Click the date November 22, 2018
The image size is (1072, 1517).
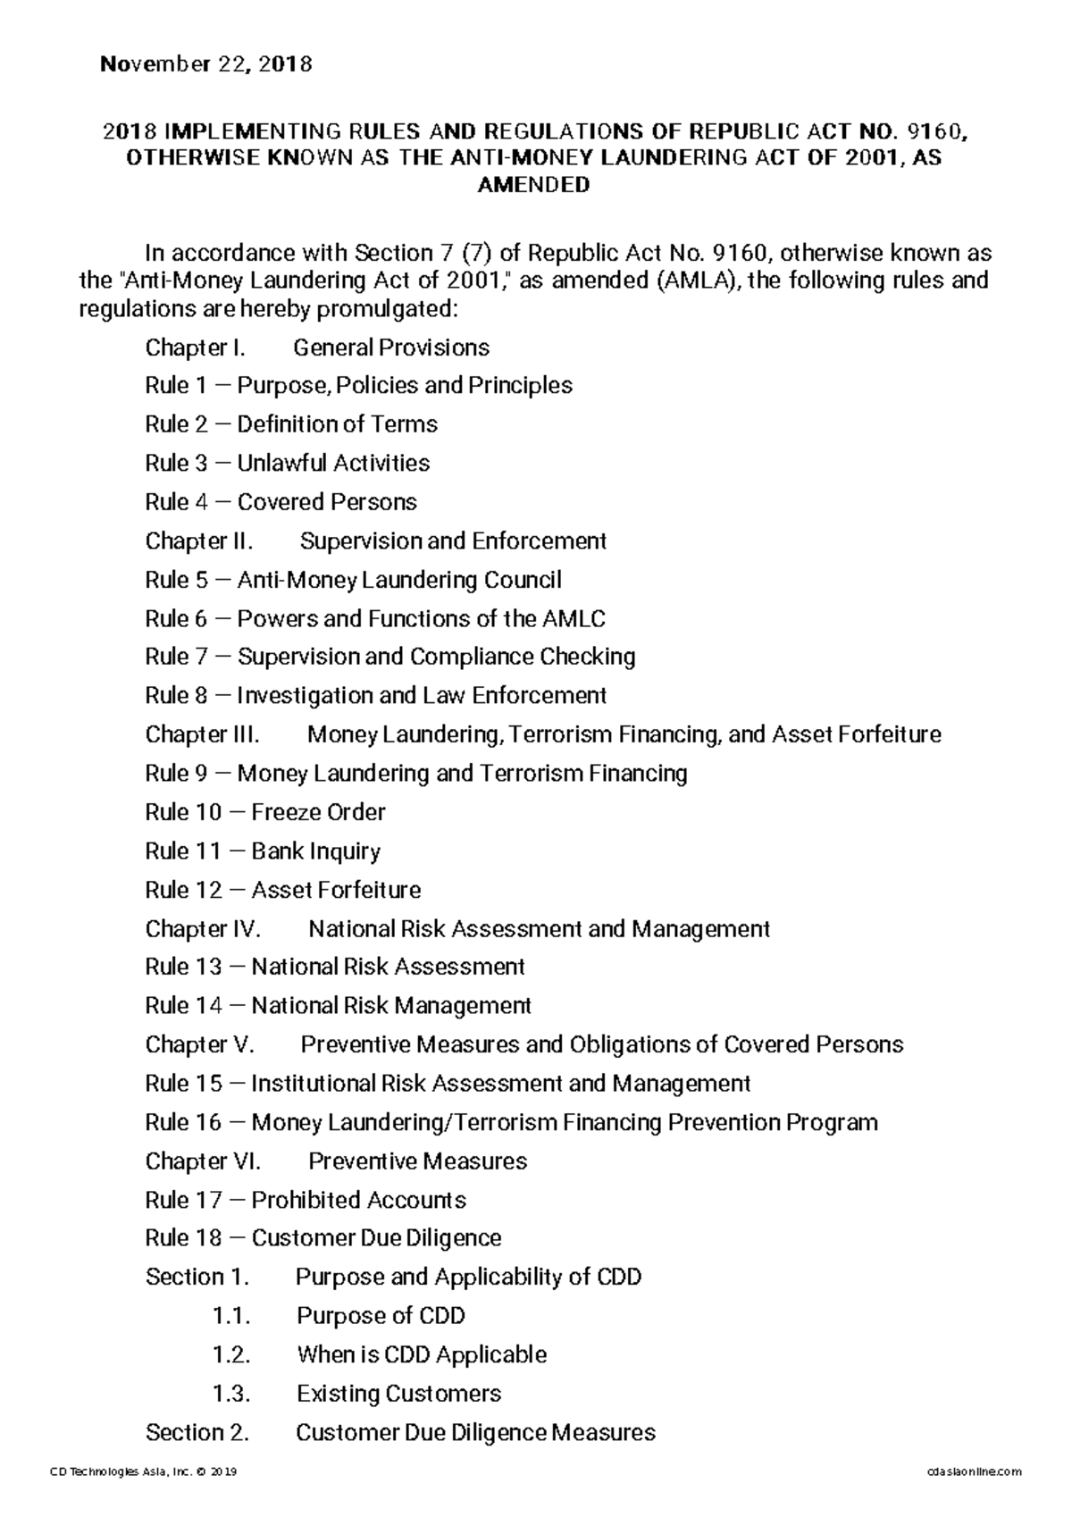pyautogui.click(x=206, y=64)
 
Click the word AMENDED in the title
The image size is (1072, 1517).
pyautogui.click(x=534, y=186)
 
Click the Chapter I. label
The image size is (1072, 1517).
pyautogui.click(x=195, y=348)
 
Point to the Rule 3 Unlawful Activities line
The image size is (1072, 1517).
pyautogui.click(x=287, y=463)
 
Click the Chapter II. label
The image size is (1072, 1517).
pyautogui.click(x=199, y=541)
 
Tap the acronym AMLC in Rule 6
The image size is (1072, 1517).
pyautogui.click(x=573, y=618)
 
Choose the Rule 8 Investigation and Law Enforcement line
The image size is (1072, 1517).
pyautogui.click(x=375, y=695)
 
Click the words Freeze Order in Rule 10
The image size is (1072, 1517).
pyautogui.click(x=318, y=812)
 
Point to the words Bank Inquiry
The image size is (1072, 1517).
pyautogui.click(x=315, y=851)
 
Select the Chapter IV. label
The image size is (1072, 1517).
pyautogui.click(x=203, y=929)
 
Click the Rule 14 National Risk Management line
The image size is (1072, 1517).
pyautogui.click(x=338, y=1006)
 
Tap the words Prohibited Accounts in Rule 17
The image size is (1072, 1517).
pyautogui.click(x=358, y=1200)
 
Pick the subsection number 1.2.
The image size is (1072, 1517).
pyautogui.click(x=231, y=1354)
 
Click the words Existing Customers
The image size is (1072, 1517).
pyautogui.click(x=398, y=1394)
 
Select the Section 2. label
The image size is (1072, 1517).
pyautogui.click(x=197, y=1433)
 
